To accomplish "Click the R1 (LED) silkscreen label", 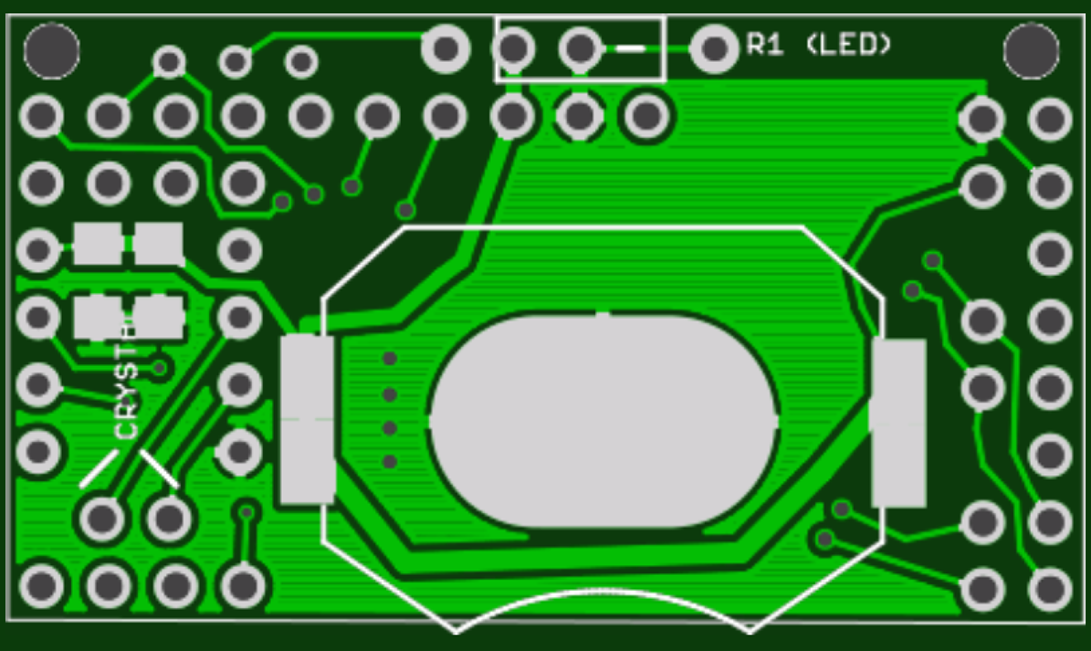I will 818,45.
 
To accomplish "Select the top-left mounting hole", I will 51,51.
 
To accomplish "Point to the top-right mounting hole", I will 1031,51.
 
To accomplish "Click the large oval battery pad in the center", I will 603,420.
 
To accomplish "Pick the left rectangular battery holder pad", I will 307,419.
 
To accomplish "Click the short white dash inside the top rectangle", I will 631,49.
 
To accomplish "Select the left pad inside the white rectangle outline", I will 514,49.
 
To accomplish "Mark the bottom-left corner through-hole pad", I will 40,587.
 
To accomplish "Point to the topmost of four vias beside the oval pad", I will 389,359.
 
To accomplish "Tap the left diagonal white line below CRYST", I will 98,468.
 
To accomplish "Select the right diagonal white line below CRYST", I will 160,468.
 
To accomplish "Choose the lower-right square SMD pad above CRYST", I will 159,317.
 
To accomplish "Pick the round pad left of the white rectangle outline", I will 445,49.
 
